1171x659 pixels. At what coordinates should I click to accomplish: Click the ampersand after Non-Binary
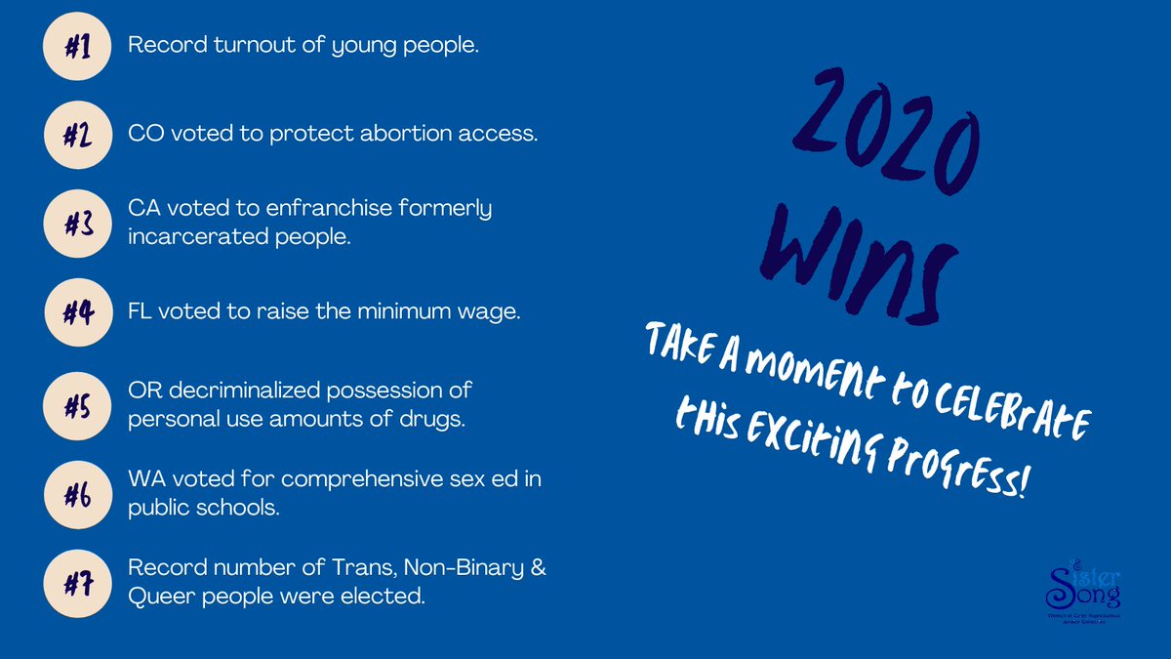click(x=537, y=569)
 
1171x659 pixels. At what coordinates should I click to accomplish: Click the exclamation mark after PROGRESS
click(x=1022, y=488)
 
